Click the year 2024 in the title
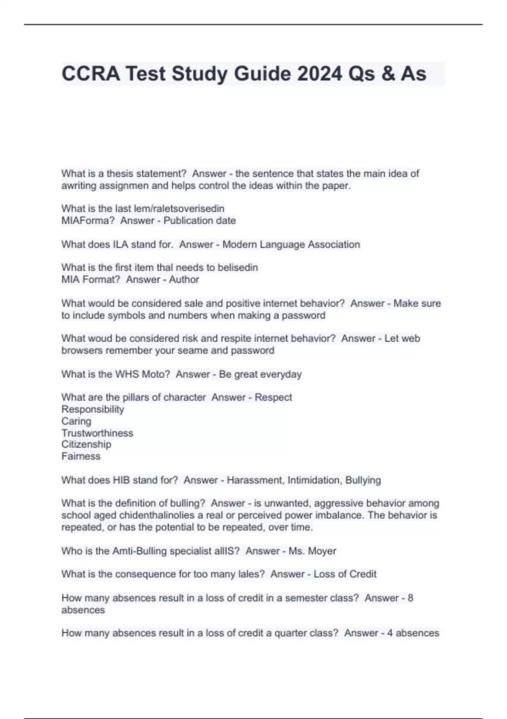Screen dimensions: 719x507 [x=319, y=74]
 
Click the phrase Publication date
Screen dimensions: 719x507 [x=199, y=220]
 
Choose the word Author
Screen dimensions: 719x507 [x=184, y=280]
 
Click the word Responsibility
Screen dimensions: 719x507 [x=93, y=409]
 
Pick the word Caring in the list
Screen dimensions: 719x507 [x=76, y=421]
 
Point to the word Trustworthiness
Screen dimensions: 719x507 [x=97, y=433]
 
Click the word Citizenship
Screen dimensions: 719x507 [x=86, y=445]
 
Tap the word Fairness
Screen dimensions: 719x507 [x=81, y=456]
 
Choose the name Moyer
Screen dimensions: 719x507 [x=322, y=552]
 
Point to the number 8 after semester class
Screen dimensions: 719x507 [x=410, y=598]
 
